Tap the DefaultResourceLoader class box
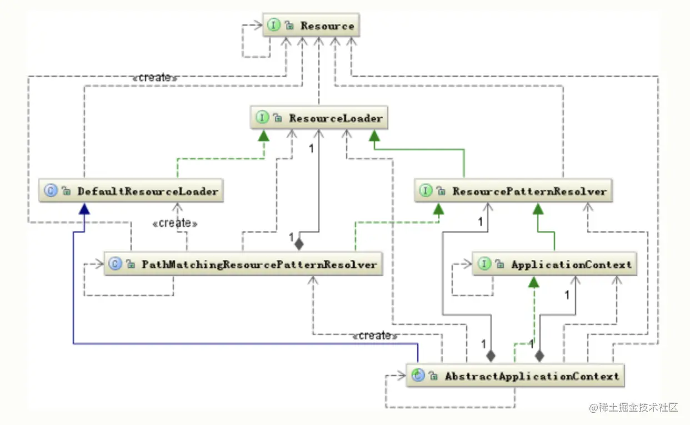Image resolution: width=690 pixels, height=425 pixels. point(131,191)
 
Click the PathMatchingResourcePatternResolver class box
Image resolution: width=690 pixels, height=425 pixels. point(243,264)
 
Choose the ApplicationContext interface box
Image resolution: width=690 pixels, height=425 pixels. point(554,264)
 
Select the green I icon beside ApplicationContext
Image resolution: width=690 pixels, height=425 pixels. point(485,264)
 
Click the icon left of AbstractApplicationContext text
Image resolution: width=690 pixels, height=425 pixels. point(418,376)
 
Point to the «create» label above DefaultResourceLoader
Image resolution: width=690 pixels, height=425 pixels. point(154,78)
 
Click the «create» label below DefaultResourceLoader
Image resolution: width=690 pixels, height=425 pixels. point(174,223)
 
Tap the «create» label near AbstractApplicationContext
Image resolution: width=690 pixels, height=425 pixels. point(374,335)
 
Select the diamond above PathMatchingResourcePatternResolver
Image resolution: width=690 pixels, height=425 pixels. point(299,243)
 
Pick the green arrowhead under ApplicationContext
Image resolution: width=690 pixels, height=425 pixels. point(533,281)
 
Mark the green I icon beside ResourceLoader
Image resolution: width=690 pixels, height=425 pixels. point(262,118)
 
